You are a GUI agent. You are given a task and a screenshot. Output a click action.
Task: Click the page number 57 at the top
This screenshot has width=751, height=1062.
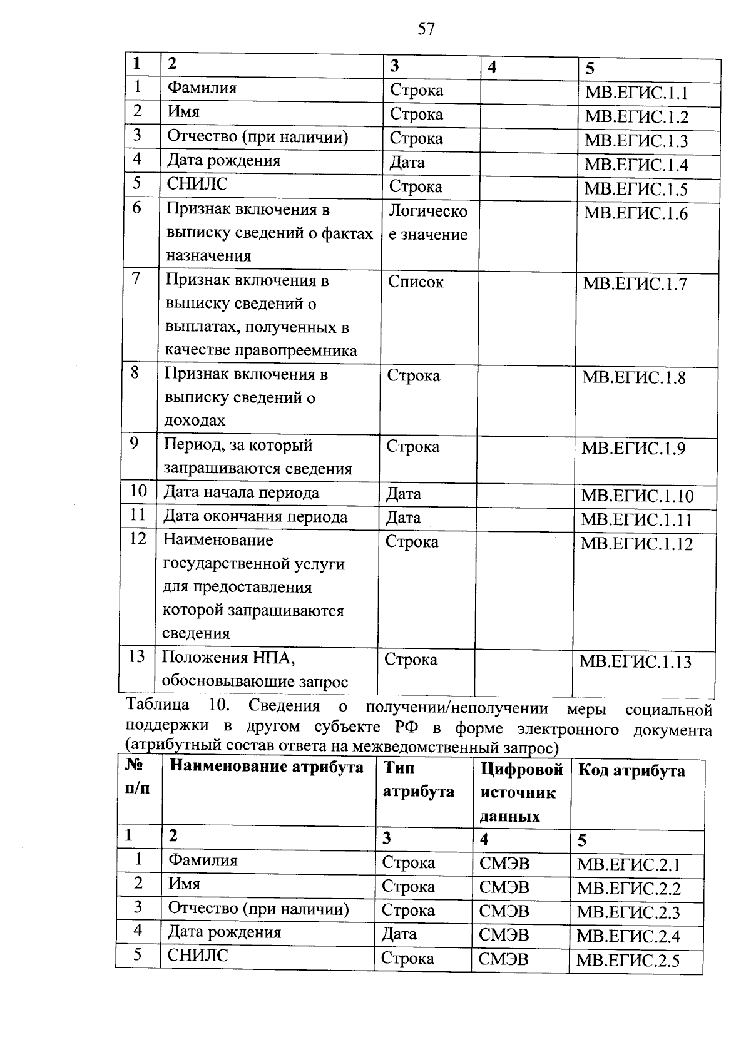(x=426, y=29)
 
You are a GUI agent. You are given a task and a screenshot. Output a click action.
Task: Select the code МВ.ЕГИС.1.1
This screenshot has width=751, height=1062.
(x=636, y=93)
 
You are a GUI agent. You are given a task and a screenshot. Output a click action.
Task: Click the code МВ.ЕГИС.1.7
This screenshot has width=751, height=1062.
(x=635, y=284)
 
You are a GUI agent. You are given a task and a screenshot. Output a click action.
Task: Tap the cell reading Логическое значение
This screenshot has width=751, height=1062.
(x=428, y=223)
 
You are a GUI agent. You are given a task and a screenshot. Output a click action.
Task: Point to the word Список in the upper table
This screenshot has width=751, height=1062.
(x=416, y=282)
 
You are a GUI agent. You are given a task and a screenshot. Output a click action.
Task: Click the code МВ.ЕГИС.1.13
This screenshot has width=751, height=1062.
(x=635, y=662)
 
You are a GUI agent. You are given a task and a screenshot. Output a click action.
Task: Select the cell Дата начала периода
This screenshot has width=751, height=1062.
(x=241, y=493)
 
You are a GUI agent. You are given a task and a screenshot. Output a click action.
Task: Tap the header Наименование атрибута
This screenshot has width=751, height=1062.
(x=267, y=767)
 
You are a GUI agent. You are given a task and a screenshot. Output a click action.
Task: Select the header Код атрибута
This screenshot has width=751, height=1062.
(x=631, y=771)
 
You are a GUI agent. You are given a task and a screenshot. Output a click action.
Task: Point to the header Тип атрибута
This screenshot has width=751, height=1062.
(x=417, y=780)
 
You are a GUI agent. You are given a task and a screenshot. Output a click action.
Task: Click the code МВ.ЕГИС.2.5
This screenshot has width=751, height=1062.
(x=628, y=961)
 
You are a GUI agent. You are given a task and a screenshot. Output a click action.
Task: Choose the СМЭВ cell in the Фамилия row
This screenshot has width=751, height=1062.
(x=504, y=864)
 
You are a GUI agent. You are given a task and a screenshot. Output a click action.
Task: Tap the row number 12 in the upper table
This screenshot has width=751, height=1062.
(x=138, y=539)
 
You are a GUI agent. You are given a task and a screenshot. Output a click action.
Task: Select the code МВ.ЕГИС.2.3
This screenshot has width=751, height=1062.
(x=628, y=912)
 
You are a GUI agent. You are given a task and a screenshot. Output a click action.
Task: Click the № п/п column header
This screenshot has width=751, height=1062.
(x=138, y=777)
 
